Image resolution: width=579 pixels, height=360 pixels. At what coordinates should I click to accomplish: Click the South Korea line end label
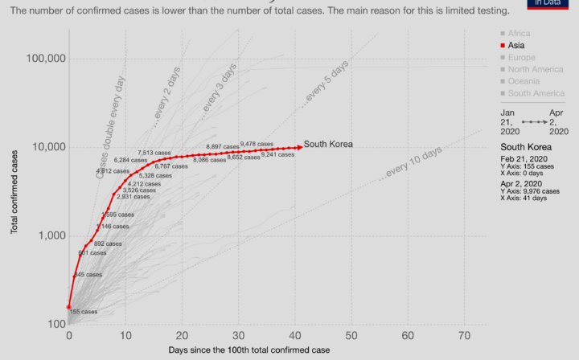(x=329, y=145)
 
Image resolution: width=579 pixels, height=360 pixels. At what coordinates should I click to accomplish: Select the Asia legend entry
(x=515, y=46)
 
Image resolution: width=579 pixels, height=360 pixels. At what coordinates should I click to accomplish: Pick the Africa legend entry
(x=518, y=34)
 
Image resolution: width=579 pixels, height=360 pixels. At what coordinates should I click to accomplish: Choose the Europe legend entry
(x=520, y=58)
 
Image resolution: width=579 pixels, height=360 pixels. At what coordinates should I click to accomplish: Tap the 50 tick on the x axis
(x=351, y=335)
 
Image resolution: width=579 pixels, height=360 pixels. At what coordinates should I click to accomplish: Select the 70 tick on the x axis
(x=464, y=335)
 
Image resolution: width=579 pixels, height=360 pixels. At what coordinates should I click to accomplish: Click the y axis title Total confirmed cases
(x=14, y=185)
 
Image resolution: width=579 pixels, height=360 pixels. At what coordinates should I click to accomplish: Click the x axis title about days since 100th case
(x=248, y=350)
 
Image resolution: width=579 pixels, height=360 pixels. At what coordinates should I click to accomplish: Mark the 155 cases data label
(x=83, y=312)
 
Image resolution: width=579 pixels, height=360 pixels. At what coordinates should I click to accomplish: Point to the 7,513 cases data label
(x=155, y=153)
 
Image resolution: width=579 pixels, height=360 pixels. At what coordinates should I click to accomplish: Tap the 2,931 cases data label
(x=133, y=196)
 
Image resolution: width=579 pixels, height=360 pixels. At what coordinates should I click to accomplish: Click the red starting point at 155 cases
(x=69, y=306)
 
